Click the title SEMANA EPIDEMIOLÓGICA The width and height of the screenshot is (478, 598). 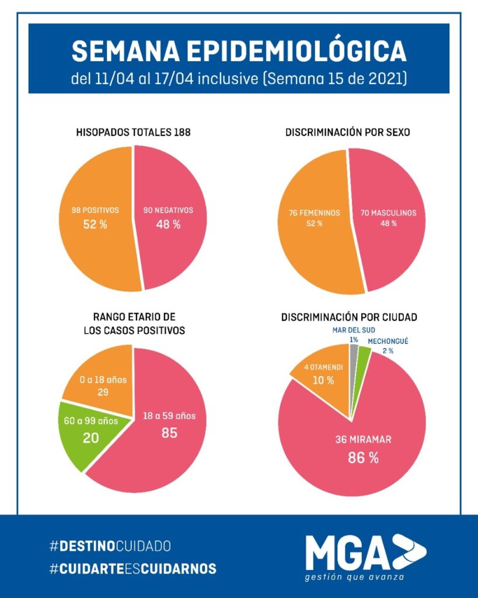tap(239, 51)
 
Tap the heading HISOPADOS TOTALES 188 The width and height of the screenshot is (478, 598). tap(133, 133)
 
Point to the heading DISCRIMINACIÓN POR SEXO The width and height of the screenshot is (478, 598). tap(348, 133)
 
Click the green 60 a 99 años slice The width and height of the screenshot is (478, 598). tap(89, 433)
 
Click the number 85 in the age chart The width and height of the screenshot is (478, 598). tap(169, 433)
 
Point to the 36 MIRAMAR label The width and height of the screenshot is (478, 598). tap(363, 439)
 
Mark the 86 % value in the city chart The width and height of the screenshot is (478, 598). tap(363, 457)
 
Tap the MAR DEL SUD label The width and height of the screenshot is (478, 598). tap(354, 330)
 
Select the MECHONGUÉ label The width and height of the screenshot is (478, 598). tap(388, 341)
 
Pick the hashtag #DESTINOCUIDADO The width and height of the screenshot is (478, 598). tap(110, 546)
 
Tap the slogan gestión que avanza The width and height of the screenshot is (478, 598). tap(354, 577)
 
